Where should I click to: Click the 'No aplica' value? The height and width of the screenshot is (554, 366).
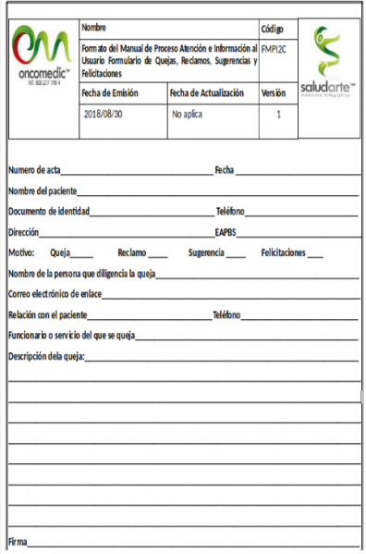(188, 116)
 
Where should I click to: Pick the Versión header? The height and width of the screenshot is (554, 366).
(274, 93)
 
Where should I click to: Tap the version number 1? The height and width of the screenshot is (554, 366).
(278, 116)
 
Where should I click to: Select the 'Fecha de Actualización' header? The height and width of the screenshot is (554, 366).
(206, 93)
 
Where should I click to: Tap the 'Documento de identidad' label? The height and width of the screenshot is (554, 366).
(48, 211)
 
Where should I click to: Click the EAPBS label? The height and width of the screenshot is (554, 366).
(227, 232)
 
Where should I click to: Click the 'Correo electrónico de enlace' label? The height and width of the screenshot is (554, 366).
(55, 294)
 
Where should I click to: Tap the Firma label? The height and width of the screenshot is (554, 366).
(18, 540)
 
